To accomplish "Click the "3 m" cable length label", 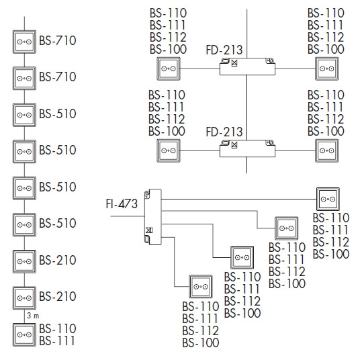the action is tap(33, 316).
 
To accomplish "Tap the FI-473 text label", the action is tap(122, 204).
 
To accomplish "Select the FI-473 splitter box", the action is tap(152, 217).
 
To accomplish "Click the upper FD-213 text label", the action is tap(224, 50).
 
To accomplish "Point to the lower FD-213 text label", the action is tap(224, 132).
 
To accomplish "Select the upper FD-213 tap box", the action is tap(247, 66).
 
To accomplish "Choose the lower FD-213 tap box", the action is tap(247, 148).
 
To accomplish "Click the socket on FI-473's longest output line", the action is tap(328, 199).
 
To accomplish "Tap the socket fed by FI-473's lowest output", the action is tap(201, 287).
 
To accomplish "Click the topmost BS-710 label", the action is tap(58, 40).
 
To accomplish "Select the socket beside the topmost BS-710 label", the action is tap(24, 42).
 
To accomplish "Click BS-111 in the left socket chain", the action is tap(57, 341).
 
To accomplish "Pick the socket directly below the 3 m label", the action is tap(24, 334).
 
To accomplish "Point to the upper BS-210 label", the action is tap(58, 260).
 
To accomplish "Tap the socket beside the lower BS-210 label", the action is tap(24, 298).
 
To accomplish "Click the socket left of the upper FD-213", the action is tap(169, 69).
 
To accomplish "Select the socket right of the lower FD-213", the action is tap(327, 150).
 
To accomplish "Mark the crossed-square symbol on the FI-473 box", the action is tap(149, 230).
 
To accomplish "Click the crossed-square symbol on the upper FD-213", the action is tap(234, 62).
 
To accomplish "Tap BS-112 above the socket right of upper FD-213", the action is tap(326, 37).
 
